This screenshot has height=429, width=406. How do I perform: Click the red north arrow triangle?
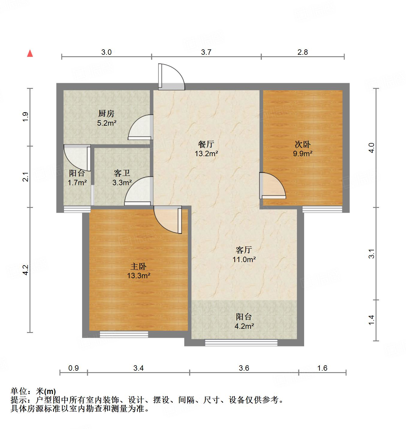click(x=30, y=53)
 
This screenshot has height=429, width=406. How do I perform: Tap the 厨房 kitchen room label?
click(x=106, y=114)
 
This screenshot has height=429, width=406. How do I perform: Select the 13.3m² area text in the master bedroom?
click(x=138, y=276)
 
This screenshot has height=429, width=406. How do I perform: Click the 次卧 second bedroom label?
click(x=303, y=144)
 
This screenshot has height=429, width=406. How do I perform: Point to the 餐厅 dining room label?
click(x=206, y=144)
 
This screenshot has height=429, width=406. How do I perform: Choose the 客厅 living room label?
click(x=244, y=250)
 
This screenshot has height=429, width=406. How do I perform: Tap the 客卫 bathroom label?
click(x=122, y=173)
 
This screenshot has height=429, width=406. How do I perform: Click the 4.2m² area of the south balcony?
click(x=244, y=326)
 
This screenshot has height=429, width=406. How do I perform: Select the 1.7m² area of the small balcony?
click(x=77, y=182)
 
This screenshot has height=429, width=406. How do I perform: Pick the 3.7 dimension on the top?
click(x=206, y=52)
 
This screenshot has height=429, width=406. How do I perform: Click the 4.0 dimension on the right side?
click(x=372, y=148)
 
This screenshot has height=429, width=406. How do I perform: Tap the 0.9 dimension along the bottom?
click(x=73, y=368)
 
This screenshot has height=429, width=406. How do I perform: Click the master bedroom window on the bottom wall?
click(x=124, y=334)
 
